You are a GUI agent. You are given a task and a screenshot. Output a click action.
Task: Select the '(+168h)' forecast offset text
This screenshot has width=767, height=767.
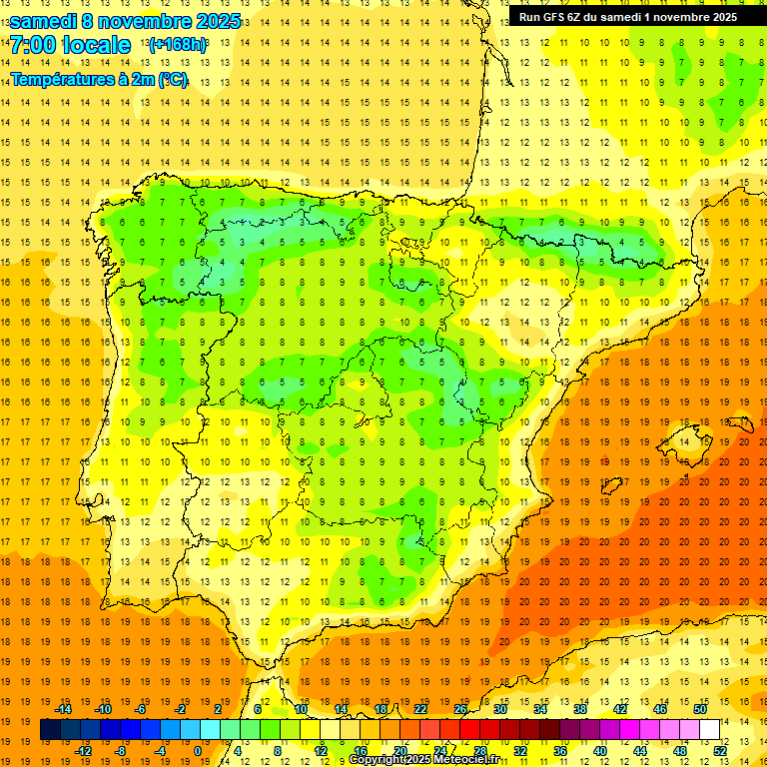click(x=178, y=44)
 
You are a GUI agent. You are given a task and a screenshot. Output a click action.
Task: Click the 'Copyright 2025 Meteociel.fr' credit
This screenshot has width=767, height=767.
click(x=423, y=760)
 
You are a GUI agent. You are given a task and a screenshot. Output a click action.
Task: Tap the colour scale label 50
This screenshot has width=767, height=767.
click(x=700, y=709)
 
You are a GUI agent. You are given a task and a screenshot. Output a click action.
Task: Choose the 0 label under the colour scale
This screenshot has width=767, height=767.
click(x=198, y=751)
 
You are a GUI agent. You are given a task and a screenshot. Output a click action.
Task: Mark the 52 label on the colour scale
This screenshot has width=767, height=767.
click(x=720, y=751)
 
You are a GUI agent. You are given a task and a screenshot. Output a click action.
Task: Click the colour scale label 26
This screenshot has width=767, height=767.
click(x=459, y=709)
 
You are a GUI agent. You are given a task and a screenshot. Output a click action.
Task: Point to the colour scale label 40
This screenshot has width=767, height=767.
click(x=599, y=751)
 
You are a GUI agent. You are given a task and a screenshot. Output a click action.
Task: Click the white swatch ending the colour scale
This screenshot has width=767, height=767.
click(x=710, y=730)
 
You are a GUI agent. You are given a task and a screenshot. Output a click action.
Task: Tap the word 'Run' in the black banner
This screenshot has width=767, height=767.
click(x=530, y=17)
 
